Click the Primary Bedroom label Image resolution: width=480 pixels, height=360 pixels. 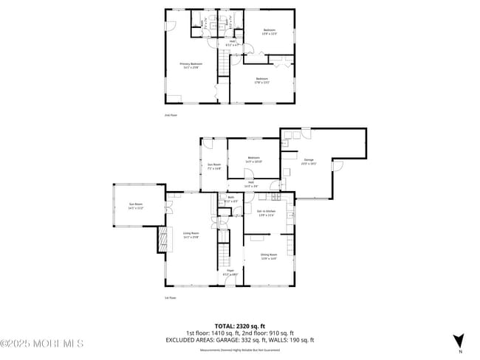(191, 65)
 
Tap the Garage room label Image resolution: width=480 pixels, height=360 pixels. (309, 161)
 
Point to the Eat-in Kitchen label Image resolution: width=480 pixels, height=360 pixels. (265, 213)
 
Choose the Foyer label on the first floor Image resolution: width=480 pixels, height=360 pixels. (230, 272)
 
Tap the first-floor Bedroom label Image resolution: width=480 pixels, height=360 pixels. (254, 159)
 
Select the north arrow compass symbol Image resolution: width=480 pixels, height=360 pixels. (459, 341)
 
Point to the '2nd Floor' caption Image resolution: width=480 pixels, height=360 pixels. (171, 115)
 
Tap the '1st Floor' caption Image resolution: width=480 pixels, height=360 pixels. (170, 298)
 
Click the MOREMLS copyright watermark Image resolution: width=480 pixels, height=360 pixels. (42, 343)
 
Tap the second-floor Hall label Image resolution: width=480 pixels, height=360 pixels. (233, 43)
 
